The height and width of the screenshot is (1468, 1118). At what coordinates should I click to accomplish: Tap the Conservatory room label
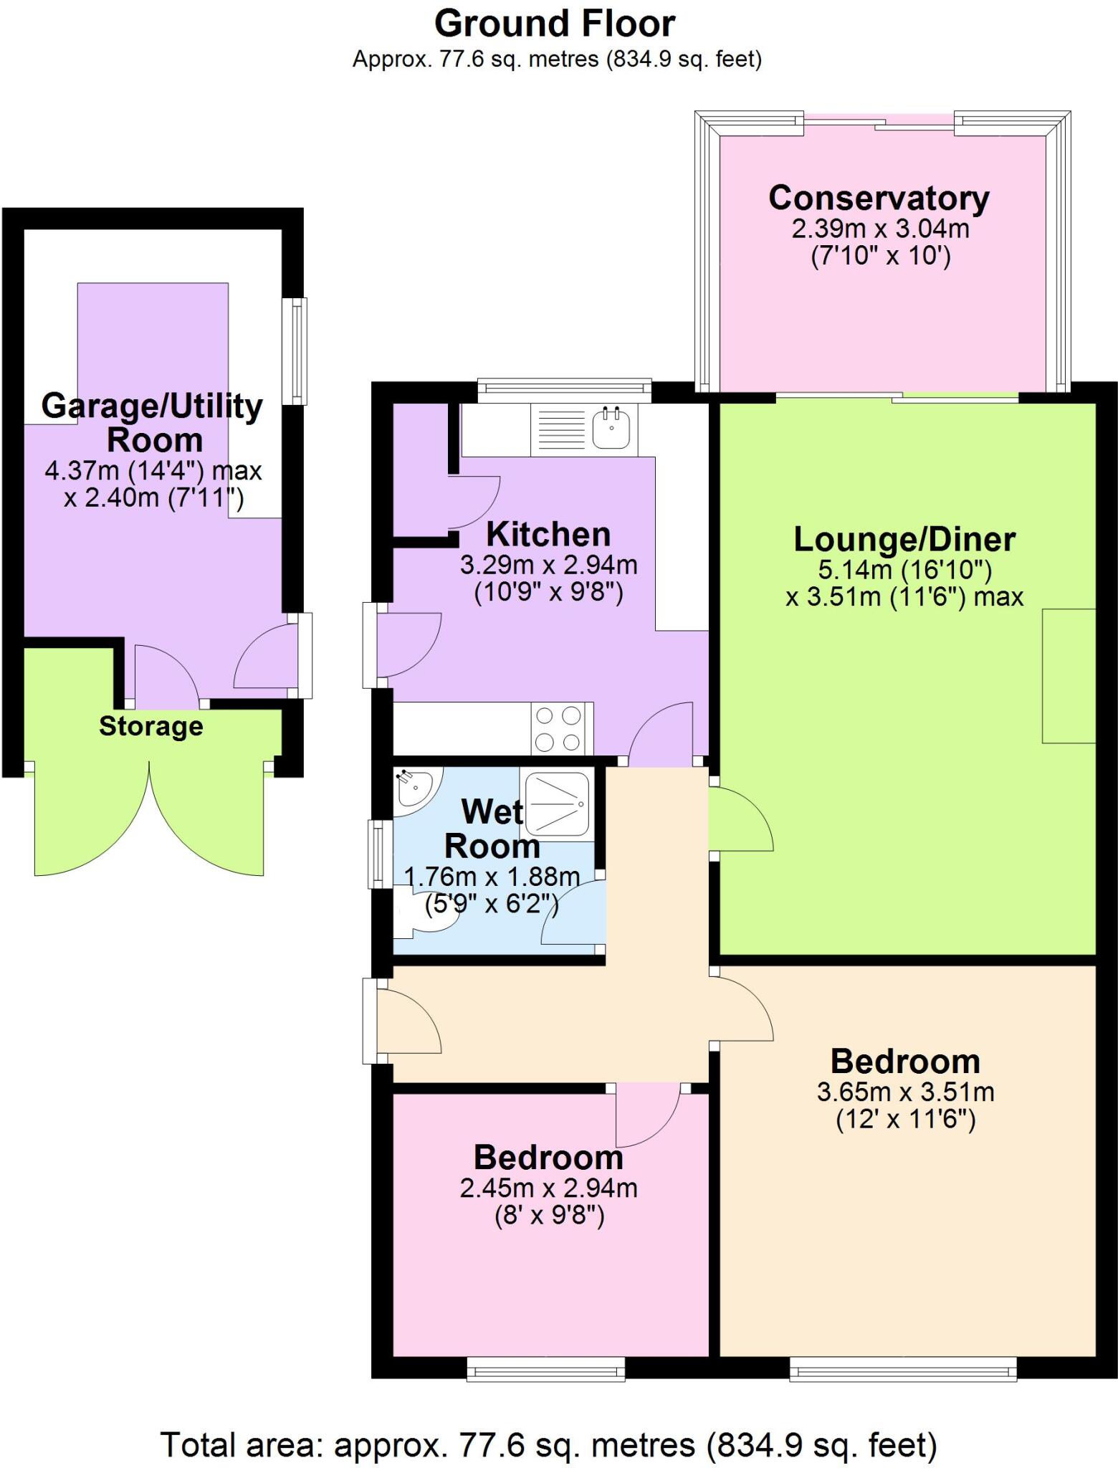click(879, 198)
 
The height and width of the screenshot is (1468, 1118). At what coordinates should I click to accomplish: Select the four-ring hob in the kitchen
click(558, 728)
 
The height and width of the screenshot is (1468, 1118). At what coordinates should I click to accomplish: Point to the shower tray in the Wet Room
click(558, 804)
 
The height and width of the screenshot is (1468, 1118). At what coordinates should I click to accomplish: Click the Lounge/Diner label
click(904, 539)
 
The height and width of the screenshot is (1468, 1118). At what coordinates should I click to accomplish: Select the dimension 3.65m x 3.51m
click(905, 1092)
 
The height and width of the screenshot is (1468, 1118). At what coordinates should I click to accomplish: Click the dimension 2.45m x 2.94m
click(548, 1188)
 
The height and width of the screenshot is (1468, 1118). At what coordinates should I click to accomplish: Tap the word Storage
click(150, 726)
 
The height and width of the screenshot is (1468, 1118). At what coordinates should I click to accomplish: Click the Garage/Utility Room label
click(152, 423)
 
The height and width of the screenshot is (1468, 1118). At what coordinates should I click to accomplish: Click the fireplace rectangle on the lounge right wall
click(1069, 675)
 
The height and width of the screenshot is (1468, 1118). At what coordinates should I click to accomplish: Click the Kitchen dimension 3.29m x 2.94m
click(548, 565)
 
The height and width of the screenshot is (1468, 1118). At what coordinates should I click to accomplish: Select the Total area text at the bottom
click(548, 1444)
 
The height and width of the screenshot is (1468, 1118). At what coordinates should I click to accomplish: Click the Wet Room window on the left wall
click(376, 854)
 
